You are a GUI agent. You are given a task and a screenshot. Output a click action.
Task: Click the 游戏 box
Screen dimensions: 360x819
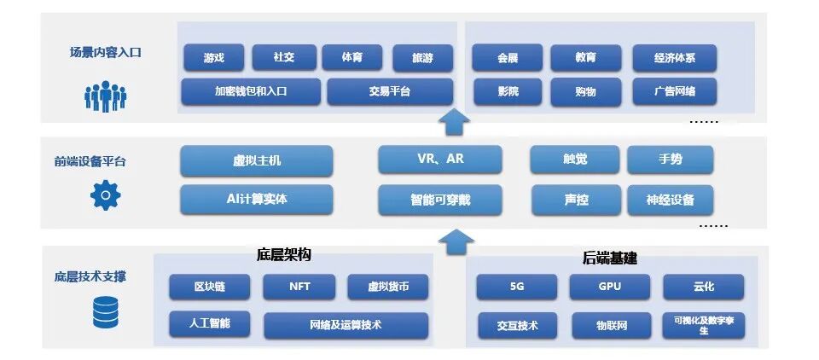tap(214, 58)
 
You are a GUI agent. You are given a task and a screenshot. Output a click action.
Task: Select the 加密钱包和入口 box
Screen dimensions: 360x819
tap(251, 90)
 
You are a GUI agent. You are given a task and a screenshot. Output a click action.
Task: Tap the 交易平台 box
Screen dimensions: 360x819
tap(389, 90)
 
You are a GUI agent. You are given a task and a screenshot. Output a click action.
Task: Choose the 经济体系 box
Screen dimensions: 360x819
tap(674, 58)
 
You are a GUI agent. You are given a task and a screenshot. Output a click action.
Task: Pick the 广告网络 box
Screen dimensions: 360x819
tap(674, 90)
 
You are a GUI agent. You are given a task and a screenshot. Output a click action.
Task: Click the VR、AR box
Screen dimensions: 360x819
tap(440, 160)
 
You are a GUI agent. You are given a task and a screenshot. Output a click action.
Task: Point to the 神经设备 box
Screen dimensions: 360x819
tap(670, 200)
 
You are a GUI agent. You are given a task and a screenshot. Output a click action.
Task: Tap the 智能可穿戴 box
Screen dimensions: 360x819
tap(440, 200)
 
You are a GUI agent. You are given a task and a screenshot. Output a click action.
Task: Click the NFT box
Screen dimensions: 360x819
tap(299, 287)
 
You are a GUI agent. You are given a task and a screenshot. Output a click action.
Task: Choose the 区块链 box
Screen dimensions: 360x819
tap(209, 287)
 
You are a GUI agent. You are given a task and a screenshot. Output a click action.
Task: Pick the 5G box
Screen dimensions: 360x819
tap(516, 287)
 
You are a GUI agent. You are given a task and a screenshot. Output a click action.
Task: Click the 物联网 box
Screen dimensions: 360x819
tap(611, 325)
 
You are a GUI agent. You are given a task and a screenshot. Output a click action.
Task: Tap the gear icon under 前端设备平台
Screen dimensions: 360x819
tap(105, 195)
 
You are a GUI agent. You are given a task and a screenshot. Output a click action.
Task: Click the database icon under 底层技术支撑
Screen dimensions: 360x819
tap(105, 313)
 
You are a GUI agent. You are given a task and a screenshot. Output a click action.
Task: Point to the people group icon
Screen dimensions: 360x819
tap(105, 96)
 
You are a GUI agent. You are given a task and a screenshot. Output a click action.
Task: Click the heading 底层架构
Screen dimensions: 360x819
tap(283, 255)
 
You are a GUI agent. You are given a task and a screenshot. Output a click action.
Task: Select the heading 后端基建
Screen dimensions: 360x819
tap(610, 257)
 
